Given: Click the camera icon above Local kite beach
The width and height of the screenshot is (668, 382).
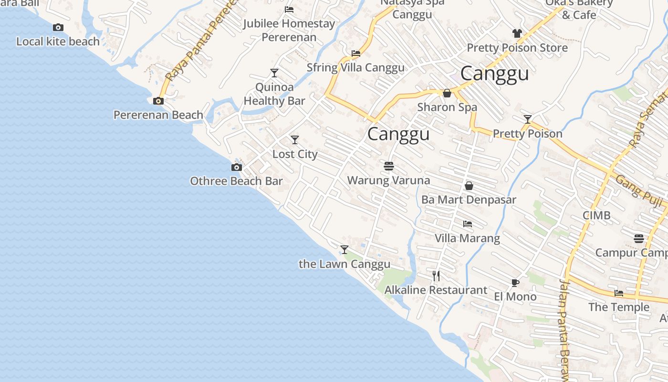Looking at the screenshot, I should pyautogui.click(x=58, y=28).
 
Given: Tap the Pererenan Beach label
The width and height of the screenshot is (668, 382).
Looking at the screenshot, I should pyautogui.click(x=158, y=115).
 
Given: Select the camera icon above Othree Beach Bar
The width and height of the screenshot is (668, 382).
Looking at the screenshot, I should pyautogui.click(x=236, y=167).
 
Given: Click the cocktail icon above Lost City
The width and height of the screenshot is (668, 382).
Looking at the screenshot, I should pyautogui.click(x=295, y=140).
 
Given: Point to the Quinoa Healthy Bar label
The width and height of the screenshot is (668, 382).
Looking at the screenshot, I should pyautogui.click(x=274, y=94).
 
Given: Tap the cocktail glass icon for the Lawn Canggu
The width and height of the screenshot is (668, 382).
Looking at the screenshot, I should pyautogui.click(x=344, y=249).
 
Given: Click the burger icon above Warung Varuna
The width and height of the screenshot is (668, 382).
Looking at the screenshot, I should pyautogui.click(x=389, y=166).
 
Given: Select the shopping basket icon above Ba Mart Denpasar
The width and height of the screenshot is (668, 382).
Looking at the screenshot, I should pyautogui.click(x=469, y=186).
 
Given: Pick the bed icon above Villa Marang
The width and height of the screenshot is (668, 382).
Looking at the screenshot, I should pyautogui.click(x=468, y=223).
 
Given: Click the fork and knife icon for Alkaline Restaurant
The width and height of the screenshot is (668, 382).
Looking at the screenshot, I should pyautogui.click(x=436, y=276).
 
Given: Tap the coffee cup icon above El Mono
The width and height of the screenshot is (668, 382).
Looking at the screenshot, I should pyautogui.click(x=515, y=283).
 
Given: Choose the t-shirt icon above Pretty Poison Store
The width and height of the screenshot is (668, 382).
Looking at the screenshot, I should pyautogui.click(x=517, y=33).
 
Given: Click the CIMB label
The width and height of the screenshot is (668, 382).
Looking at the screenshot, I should pyautogui.click(x=596, y=215).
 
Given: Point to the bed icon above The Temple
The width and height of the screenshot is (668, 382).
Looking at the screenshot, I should pyautogui.click(x=619, y=293).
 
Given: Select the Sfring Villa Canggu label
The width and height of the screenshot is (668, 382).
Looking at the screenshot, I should pyautogui.click(x=355, y=68).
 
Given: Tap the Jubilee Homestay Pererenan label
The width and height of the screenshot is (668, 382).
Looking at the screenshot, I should pyautogui.click(x=289, y=30).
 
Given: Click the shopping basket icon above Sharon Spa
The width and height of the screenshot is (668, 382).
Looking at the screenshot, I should pyautogui.click(x=447, y=93).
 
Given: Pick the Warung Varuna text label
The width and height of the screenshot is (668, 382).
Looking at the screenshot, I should pyautogui.click(x=389, y=180).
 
